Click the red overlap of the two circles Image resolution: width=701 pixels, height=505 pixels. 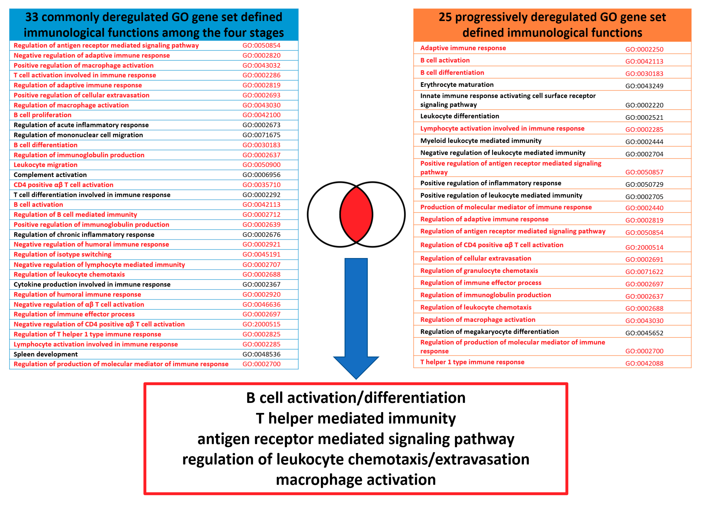click(356, 214)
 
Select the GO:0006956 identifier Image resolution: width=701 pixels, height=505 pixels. click(261, 175)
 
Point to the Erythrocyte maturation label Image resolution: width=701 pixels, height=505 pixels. click(457, 85)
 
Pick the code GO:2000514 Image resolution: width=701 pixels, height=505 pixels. click(644, 247)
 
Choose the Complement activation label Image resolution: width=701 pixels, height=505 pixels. click(50, 175)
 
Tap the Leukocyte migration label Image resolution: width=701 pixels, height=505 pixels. click(45, 165)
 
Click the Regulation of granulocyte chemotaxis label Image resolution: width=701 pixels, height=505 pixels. click(479, 271)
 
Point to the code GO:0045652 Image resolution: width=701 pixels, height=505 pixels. click(644, 333)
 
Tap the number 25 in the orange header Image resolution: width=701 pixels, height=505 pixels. click(445, 17)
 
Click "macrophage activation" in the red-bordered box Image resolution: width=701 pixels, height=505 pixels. click(356, 480)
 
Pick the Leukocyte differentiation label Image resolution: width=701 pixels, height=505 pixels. click(460, 116)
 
